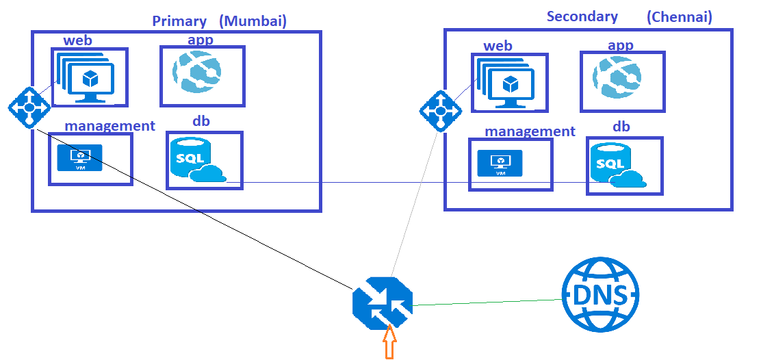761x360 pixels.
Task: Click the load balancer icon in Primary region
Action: coord(29,107)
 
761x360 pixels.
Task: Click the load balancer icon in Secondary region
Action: coord(439,111)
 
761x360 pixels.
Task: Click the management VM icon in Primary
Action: coord(79,157)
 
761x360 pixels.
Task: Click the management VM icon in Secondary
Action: coord(500,163)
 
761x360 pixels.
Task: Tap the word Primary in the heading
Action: coord(179,21)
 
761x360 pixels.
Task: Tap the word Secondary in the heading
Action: coord(582,16)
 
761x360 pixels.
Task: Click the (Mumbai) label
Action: coord(253,21)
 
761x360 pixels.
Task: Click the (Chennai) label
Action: coord(679,17)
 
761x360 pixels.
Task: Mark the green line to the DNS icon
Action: coord(486,302)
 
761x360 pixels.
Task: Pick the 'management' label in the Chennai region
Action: coord(530,131)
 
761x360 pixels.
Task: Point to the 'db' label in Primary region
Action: coord(201,121)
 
